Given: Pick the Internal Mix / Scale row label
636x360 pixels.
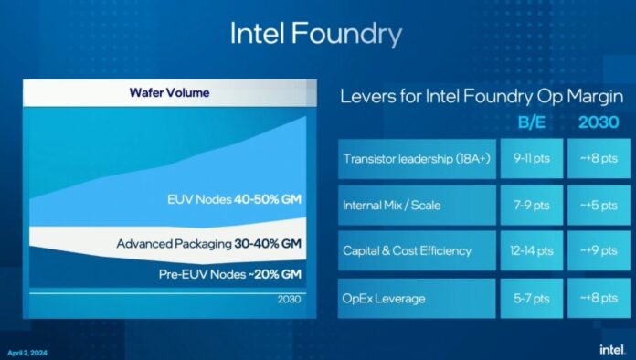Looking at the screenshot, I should pos(392,205).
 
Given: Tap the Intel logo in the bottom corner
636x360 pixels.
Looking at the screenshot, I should pos(610,348).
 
